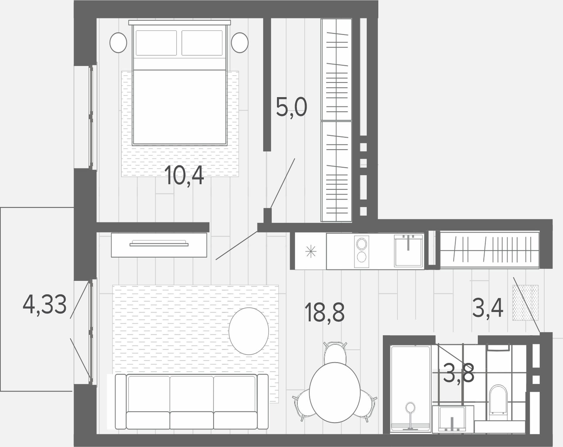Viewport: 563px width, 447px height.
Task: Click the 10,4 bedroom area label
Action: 184,175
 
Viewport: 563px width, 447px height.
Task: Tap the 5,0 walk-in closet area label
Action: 291,107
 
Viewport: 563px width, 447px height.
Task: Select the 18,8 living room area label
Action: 324,312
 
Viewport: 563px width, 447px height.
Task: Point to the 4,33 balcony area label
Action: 45,304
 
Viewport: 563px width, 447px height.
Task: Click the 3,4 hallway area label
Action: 488,308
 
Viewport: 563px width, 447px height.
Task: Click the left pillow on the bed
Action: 156,43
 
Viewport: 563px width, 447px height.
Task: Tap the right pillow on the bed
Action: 202,43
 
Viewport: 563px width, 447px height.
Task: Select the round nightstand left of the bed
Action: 118,43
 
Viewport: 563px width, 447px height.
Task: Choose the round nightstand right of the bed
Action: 240,43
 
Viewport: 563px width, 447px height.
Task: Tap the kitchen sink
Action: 408,250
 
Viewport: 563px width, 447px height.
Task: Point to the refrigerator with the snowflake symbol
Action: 311,251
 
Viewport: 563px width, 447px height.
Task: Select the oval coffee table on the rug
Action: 249,331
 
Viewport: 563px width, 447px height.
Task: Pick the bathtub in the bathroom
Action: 411,389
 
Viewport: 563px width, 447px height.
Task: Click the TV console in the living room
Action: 159,245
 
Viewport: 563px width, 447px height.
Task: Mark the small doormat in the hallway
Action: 525,302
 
